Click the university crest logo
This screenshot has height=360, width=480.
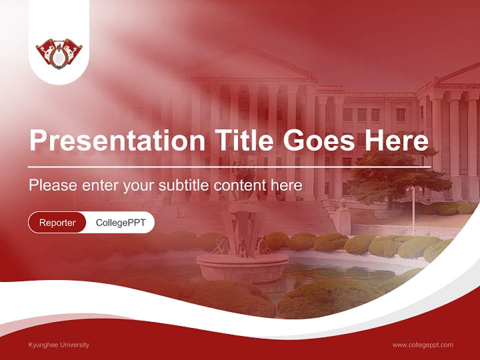[59, 53]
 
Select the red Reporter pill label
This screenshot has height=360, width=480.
[57, 222]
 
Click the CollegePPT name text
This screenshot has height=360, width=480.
[120, 222]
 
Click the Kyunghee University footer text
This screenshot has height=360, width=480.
[59, 344]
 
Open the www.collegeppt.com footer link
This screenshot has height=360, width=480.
[422, 344]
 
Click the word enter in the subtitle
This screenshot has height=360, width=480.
[101, 185]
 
